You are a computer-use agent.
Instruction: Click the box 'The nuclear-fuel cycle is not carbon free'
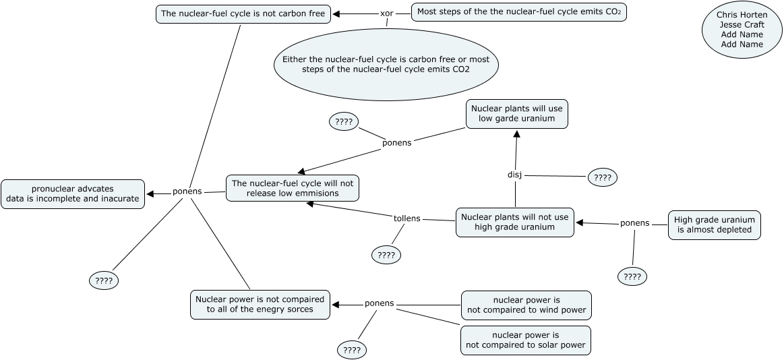click(243, 13)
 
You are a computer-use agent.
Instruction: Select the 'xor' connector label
click(386, 13)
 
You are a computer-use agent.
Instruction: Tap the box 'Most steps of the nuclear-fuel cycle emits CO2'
click(519, 12)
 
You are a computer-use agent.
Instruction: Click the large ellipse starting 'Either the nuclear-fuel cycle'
click(386, 65)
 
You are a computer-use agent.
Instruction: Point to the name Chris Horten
click(742, 15)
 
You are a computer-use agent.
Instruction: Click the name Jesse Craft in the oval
click(742, 25)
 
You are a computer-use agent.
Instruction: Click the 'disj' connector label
click(514, 175)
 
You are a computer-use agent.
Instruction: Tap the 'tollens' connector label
click(406, 218)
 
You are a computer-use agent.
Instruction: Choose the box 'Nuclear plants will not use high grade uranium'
click(515, 222)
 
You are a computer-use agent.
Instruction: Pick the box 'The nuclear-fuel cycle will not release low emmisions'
click(292, 188)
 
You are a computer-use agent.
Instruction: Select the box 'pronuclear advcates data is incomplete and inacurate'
click(73, 193)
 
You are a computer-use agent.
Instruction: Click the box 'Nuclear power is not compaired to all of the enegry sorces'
click(260, 304)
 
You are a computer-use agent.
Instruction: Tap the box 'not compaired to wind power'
click(526, 305)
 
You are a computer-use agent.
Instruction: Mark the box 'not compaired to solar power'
click(525, 340)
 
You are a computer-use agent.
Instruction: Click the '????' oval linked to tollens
click(386, 255)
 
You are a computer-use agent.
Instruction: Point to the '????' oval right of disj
click(603, 178)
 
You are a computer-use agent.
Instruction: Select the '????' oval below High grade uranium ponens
click(632, 276)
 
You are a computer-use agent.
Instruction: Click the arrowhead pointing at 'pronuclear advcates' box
click(150, 194)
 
